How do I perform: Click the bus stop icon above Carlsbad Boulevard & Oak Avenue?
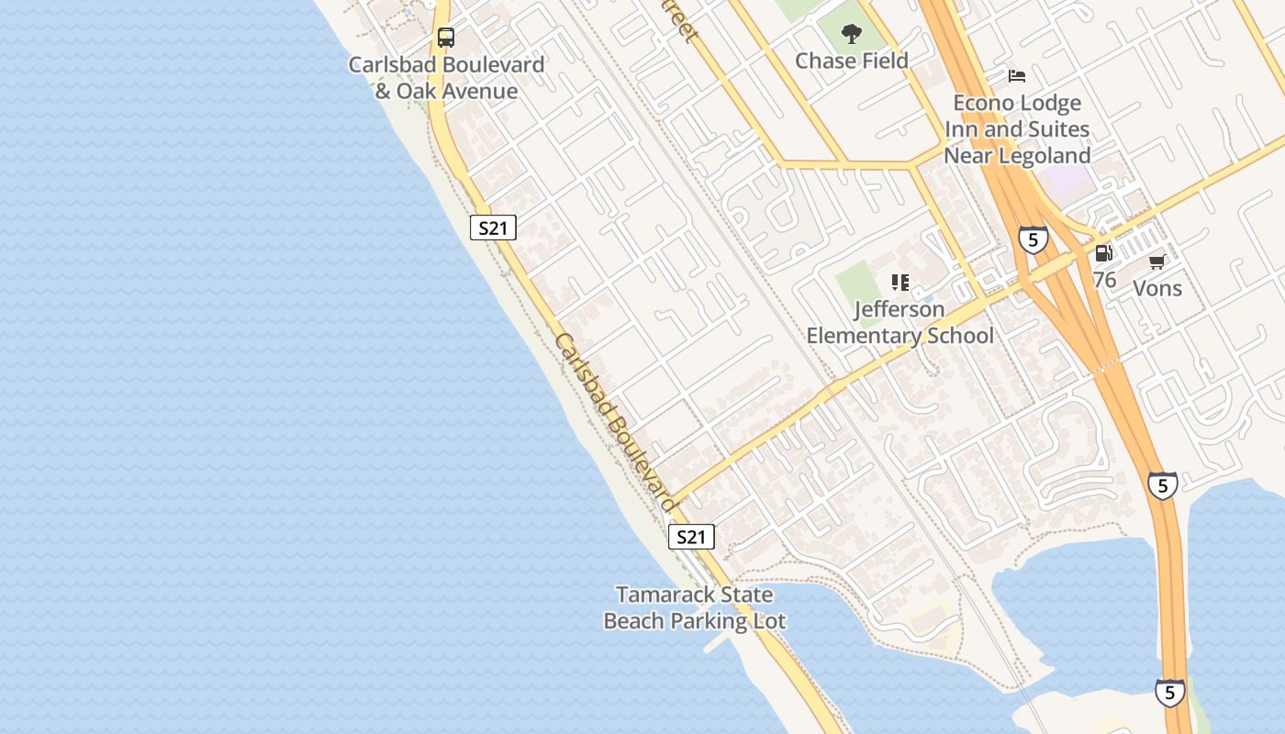tap(446, 38)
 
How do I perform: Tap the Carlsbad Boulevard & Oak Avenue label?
tap(446, 78)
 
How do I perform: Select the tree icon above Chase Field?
tap(852, 34)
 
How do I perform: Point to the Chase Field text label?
tap(852, 61)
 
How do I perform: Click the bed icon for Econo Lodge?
tap(1016, 75)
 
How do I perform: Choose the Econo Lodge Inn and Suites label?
tap(1017, 129)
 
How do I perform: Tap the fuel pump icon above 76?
tap(1104, 253)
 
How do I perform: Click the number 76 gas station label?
tap(1104, 279)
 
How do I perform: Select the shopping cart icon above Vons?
tap(1157, 261)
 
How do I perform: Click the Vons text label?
tap(1157, 288)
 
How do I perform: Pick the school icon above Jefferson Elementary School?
tap(900, 283)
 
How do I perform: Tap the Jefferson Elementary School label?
tap(900, 322)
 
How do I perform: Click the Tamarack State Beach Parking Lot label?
tap(694, 607)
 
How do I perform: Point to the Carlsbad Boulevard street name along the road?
tap(616, 422)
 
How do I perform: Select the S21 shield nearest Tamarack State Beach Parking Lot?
tap(690, 537)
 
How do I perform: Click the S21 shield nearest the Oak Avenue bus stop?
tap(493, 228)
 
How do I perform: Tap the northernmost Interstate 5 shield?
tap(1033, 240)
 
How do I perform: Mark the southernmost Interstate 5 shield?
tap(1169, 693)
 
